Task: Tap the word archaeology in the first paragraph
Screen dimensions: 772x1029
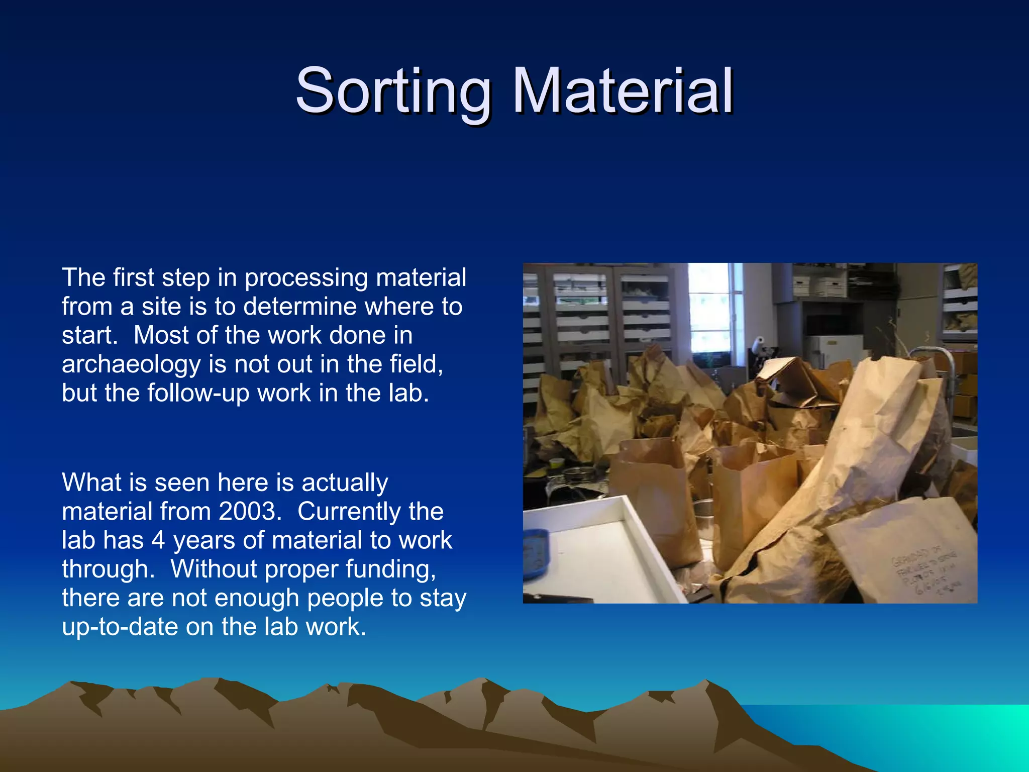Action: (x=131, y=364)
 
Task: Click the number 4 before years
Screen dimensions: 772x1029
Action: (x=158, y=540)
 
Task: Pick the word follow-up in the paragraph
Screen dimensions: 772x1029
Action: (x=198, y=393)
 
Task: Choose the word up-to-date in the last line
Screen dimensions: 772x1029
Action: (x=120, y=627)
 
